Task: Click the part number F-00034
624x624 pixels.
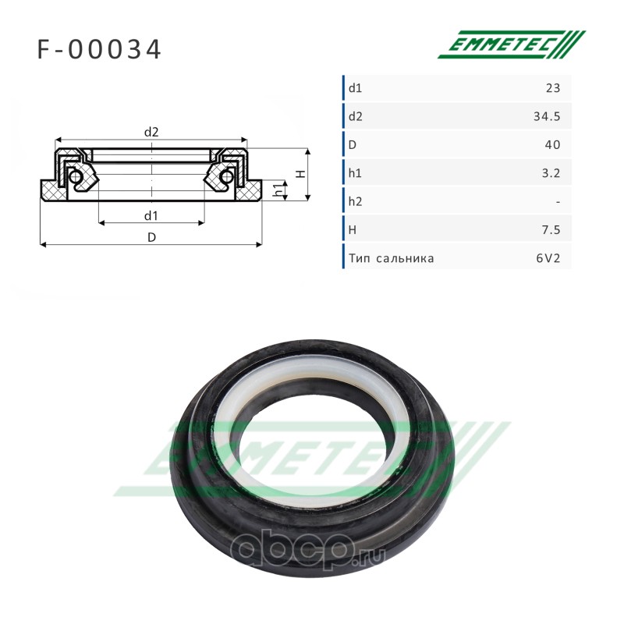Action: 99,49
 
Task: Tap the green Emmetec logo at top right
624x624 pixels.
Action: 512,44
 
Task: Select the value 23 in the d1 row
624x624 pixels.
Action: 553,88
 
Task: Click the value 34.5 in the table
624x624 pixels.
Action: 547,116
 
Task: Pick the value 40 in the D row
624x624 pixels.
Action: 553,145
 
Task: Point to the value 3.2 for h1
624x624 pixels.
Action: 551,173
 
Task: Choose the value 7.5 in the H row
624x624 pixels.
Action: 551,230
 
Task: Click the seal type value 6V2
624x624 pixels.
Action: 548,259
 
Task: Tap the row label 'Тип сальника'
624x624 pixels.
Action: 392,259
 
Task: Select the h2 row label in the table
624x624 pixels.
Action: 356,202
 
